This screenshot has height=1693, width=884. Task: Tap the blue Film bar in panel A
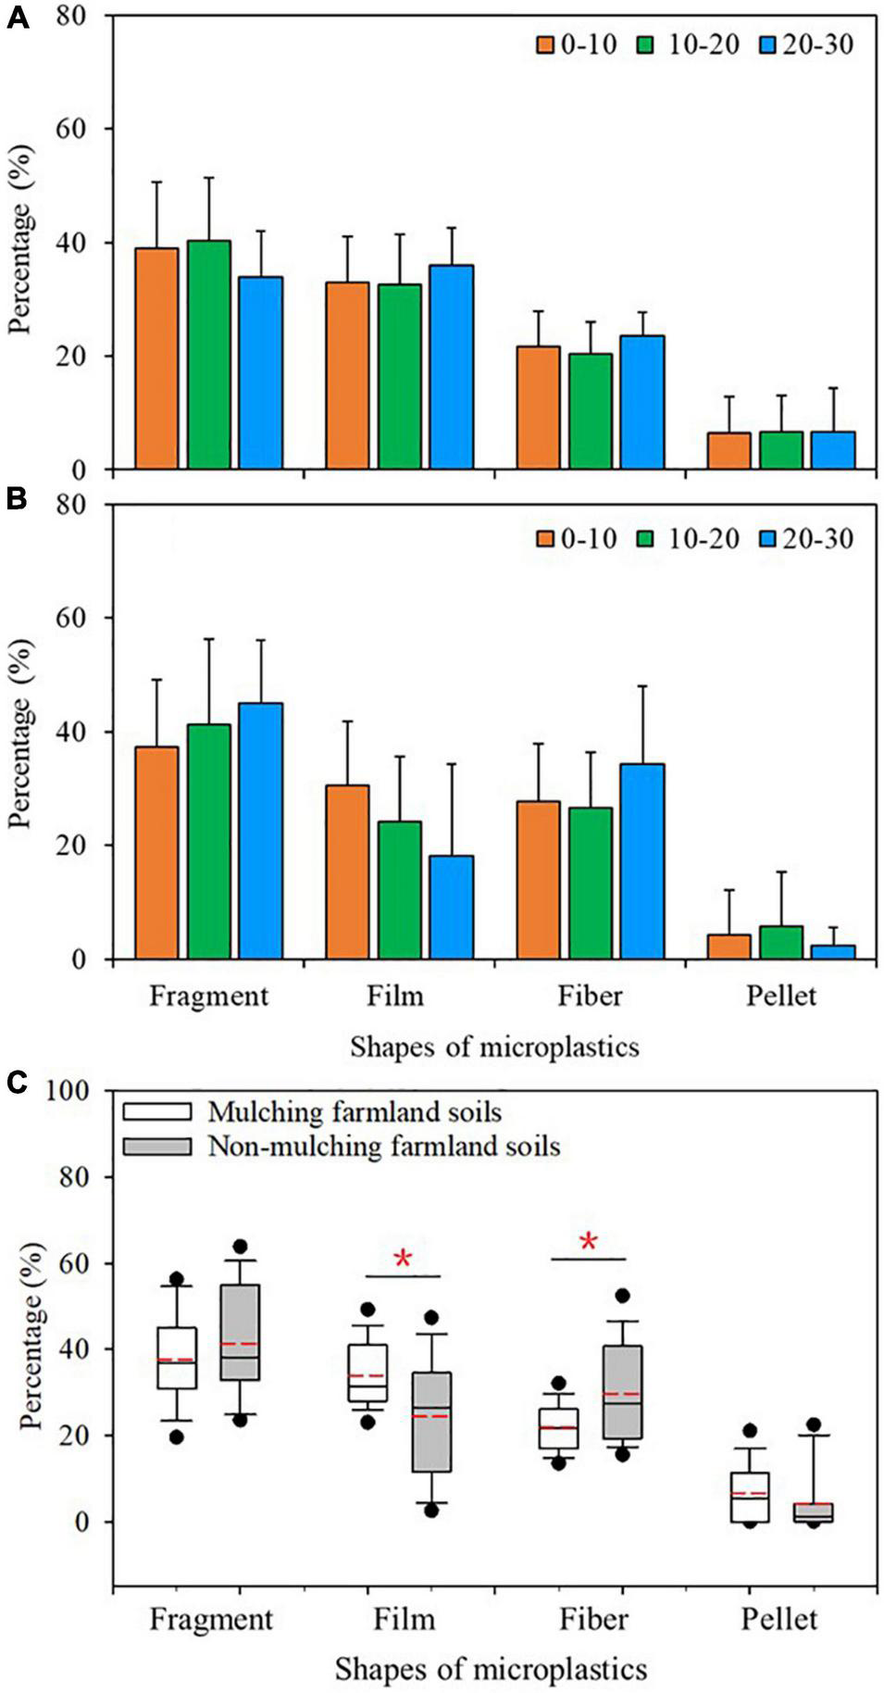[x=451, y=367]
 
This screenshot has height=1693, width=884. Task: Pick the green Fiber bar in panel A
[x=590, y=411]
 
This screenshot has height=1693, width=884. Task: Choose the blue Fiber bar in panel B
[x=642, y=861]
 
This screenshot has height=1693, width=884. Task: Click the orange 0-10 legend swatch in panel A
[x=544, y=44]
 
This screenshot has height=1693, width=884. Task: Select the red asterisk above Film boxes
[x=403, y=1260]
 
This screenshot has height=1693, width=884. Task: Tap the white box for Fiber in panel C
[x=558, y=1429]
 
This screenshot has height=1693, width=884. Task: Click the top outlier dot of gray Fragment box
[x=240, y=1247]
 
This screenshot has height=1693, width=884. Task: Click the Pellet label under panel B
[x=781, y=997]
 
